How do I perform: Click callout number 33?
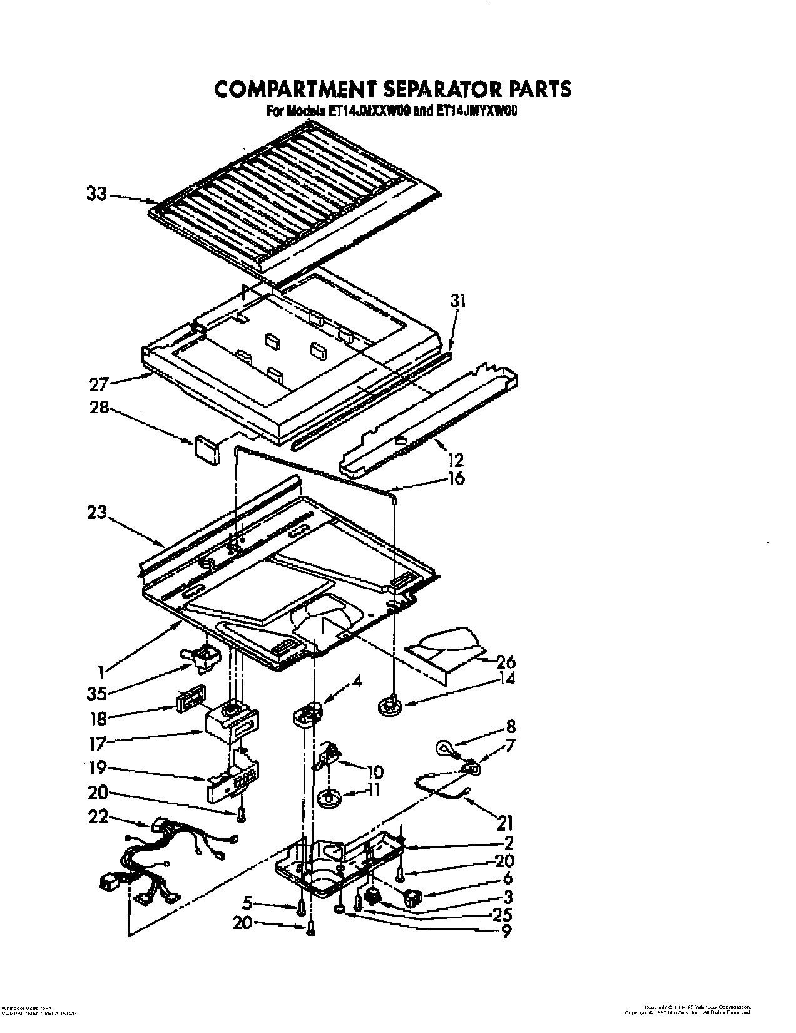(96, 195)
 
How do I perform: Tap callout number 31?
(459, 302)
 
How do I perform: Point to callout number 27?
(99, 383)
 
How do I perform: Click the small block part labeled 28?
(207, 450)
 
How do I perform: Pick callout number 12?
(456, 460)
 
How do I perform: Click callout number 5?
(248, 903)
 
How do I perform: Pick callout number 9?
(504, 931)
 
